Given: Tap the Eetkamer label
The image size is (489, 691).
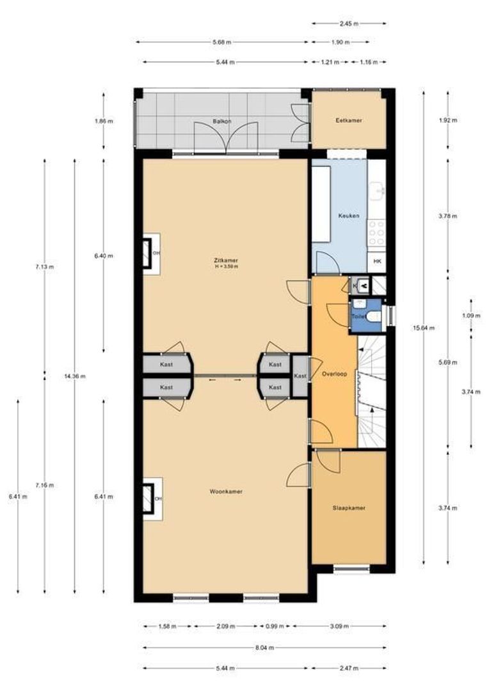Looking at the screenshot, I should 349,120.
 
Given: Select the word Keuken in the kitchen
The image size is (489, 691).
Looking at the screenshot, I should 349,216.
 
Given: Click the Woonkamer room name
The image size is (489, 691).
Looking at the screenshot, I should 226,491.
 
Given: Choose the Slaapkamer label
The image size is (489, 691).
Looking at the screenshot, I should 349,508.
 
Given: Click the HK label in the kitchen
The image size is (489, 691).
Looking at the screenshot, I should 377,262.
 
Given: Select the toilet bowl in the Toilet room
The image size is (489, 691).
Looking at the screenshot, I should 375,316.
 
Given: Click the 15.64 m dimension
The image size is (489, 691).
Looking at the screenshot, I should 422,328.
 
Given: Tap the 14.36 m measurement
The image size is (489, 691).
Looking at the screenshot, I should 75,376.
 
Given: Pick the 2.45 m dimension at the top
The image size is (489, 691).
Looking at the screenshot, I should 349,24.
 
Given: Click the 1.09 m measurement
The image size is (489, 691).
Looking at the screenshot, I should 470,315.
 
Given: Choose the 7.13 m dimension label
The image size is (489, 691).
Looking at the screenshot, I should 44,267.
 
